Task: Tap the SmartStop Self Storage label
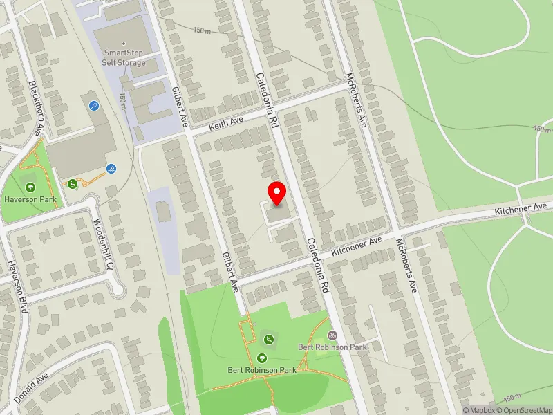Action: pyautogui.click(x=125, y=57)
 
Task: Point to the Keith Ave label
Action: pyautogui.click(x=227, y=123)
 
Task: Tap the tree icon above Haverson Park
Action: pyautogui.click(x=30, y=187)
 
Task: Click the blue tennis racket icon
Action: pyautogui.click(x=94, y=106)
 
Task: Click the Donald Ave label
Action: pyautogui.click(x=32, y=390)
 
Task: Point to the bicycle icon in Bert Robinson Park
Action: pyautogui.click(x=332, y=335)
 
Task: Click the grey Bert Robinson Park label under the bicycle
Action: pyautogui.click(x=331, y=347)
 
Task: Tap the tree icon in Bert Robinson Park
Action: pyautogui.click(x=262, y=358)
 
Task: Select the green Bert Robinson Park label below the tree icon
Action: pyautogui.click(x=262, y=370)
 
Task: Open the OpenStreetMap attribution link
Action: pyautogui.click(x=527, y=410)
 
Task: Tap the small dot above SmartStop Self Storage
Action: pyautogui.click(x=124, y=43)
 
